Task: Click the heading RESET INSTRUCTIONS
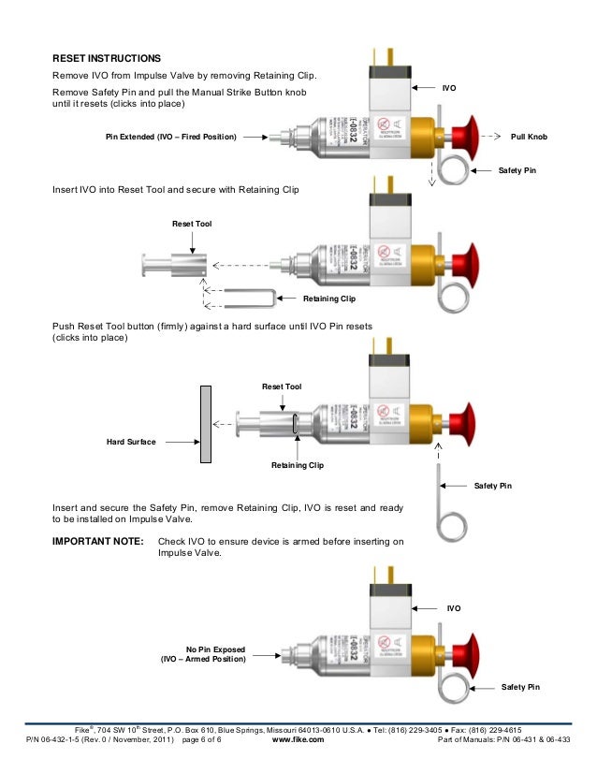click(x=107, y=57)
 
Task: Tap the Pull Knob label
click(x=529, y=137)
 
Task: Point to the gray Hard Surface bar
click(x=203, y=424)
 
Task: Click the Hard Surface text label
click(x=131, y=440)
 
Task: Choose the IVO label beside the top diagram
click(x=449, y=87)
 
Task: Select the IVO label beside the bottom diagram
click(x=454, y=608)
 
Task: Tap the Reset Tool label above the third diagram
click(x=282, y=386)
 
